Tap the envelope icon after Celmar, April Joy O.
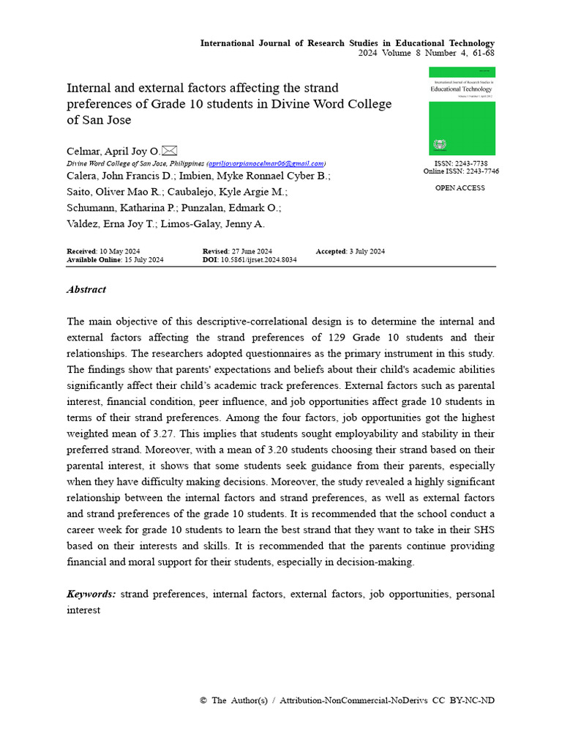pos(169,150)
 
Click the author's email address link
pos(266,163)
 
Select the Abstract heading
pos(86,289)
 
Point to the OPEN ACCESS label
pos(460,188)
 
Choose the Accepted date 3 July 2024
pos(367,251)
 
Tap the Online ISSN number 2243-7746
pos(482,171)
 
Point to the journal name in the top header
pos(348,43)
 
